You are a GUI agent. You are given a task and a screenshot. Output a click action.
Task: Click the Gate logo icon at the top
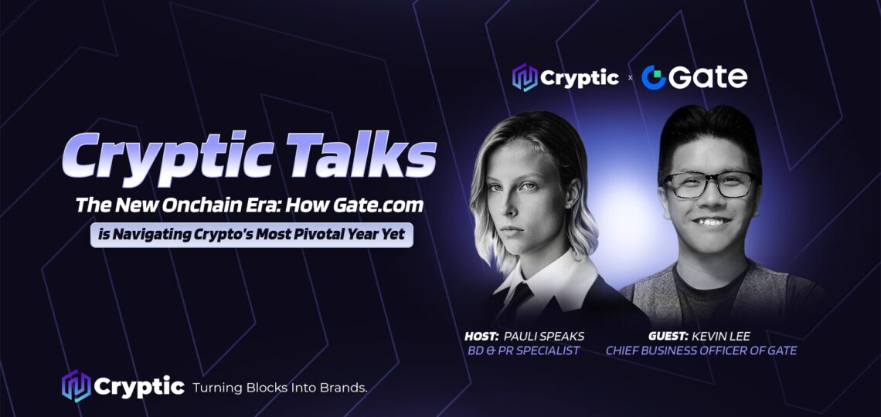coord(654,77)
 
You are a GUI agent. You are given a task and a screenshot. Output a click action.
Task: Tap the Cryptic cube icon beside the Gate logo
coord(524,77)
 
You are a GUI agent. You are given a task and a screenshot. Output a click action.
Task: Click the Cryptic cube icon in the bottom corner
coord(77,386)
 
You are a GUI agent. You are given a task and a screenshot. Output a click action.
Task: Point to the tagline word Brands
coord(346,387)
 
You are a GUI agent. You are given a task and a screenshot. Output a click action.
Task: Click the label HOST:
coord(481,336)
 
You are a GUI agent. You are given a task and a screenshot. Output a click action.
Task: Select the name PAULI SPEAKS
coord(544,336)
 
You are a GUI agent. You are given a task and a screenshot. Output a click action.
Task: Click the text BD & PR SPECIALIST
coord(524,351)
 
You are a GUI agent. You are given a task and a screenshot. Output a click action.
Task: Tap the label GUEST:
coord(668,336)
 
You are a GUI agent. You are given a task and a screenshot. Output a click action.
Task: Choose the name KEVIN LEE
coord(722,336)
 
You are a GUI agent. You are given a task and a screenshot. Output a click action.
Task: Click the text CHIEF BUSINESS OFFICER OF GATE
coord(701,351)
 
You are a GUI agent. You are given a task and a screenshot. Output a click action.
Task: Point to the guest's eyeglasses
coord(710,184)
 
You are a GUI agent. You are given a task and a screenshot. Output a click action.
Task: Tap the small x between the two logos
coord(630,78)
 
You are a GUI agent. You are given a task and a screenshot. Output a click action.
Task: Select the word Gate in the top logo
coord(708,77)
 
